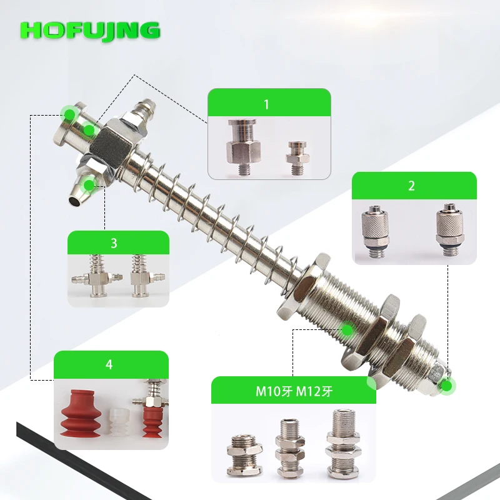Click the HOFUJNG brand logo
pos(90,31)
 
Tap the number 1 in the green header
pos(267,104)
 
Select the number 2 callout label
pos(411,186)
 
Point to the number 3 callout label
pos(114,243)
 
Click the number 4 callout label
pos(109,364)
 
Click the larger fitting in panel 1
pos(244,146)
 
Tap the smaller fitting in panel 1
pos(297,158)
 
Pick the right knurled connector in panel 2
pos(450,229)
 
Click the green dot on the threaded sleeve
pos(347,330)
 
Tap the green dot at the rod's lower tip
pos(447,386)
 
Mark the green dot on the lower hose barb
pos(89,185)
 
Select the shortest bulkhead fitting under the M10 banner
pos(244,454)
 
